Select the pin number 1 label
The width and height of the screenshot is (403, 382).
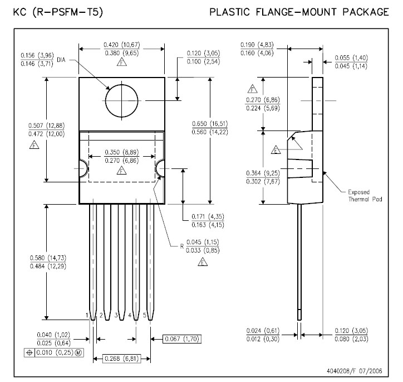pyautogui.click(x=87, y=316)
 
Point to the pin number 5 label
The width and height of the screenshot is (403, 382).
pyautogui.click(x=145, y=316)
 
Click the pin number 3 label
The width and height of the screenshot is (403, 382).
pyautogui.click(x=116, y=316)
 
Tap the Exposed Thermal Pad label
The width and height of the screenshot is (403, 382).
pyautogui.click(x=359, y=195)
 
